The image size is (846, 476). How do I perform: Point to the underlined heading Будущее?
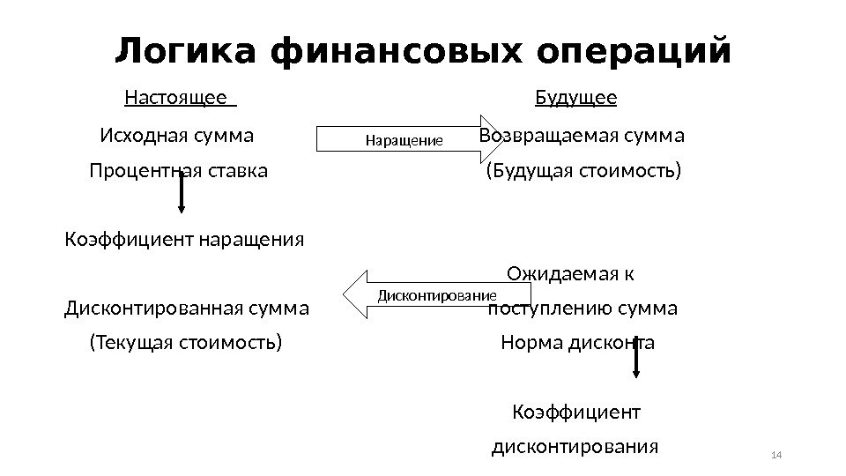pyautogui.click(x=576, y=97)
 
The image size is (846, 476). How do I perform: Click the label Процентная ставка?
pyautogui.click(x=178, y=170)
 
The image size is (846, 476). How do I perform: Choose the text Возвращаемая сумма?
pyautogui.click(x=583, y=137)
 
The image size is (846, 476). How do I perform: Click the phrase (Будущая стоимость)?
pyautogui.click(x=583, y=170)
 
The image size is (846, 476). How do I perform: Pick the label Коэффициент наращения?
pyautogui.click(x=185, y=239)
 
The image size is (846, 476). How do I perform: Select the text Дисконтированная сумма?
pyautogui.click(x=187, y=309)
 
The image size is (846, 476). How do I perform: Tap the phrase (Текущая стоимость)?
pyautogui.click(x=186, y=342)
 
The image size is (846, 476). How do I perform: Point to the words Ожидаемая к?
pyautogui.click(x=569, y=274)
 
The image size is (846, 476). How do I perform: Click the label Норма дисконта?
pyautogui.click(x=577, y=342)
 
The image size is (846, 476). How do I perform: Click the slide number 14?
pyautogui.click(x=776, y=455)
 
